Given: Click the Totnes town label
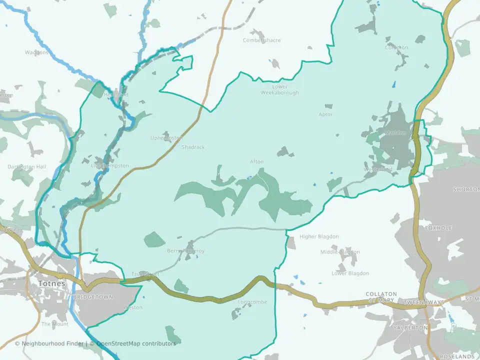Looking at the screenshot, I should click(x=51, y=283).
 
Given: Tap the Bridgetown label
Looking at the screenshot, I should click(x=93, y=297).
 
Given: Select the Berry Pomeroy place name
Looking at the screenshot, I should click(x=186, y=251).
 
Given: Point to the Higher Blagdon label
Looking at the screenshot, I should click(x=319, y=236).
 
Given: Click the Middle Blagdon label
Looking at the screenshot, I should click(x=340, y=252).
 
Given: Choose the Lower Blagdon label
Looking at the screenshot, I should click(x=350, y=273).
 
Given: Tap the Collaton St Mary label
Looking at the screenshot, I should click(x=381, y=297).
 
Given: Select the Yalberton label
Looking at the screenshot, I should click(x=410, y=327).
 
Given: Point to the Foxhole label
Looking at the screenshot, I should click(x=438, y=228).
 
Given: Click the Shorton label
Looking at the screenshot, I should click(x=466, y=189).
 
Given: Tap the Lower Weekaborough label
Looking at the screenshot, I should click(x=280, y=89).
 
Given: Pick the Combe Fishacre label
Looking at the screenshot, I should click(x=261, y=40).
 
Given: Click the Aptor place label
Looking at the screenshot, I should click(x=325, y=114).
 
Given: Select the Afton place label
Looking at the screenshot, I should click(x=256, y=161).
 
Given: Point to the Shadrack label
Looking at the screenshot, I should click(x=193, y=147).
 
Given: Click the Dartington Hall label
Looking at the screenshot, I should click(x=26, y=166).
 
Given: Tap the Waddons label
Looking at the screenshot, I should click(x=36, y=52).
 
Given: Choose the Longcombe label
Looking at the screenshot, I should click(x=253, y=302).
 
